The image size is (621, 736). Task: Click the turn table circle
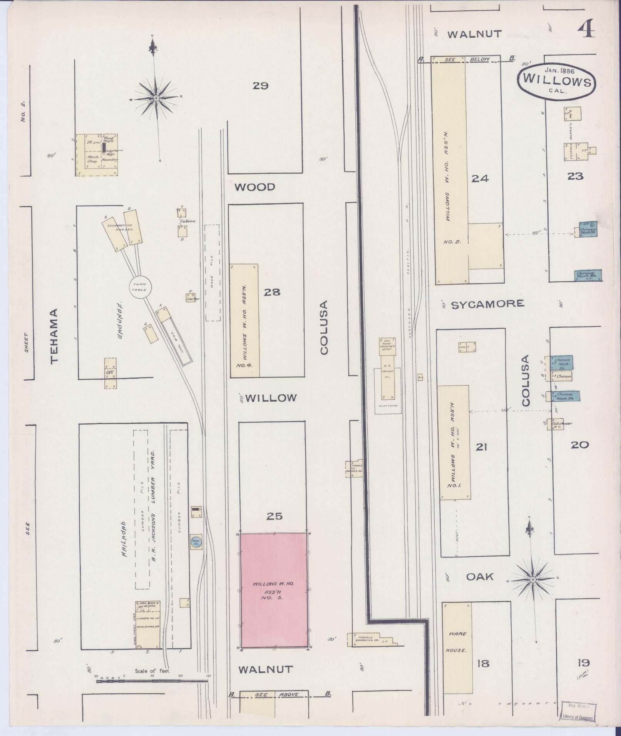(139, 287)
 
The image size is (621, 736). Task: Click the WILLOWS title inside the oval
(556, 81)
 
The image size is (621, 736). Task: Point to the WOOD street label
(255, 187)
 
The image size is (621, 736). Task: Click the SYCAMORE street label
(487, 304)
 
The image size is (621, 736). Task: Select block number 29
(260, 86)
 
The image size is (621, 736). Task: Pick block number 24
(480, 178)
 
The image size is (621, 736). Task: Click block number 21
(482, 447)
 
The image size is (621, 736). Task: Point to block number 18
(483, 663)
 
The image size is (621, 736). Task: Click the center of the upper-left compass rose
(156, 98)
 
